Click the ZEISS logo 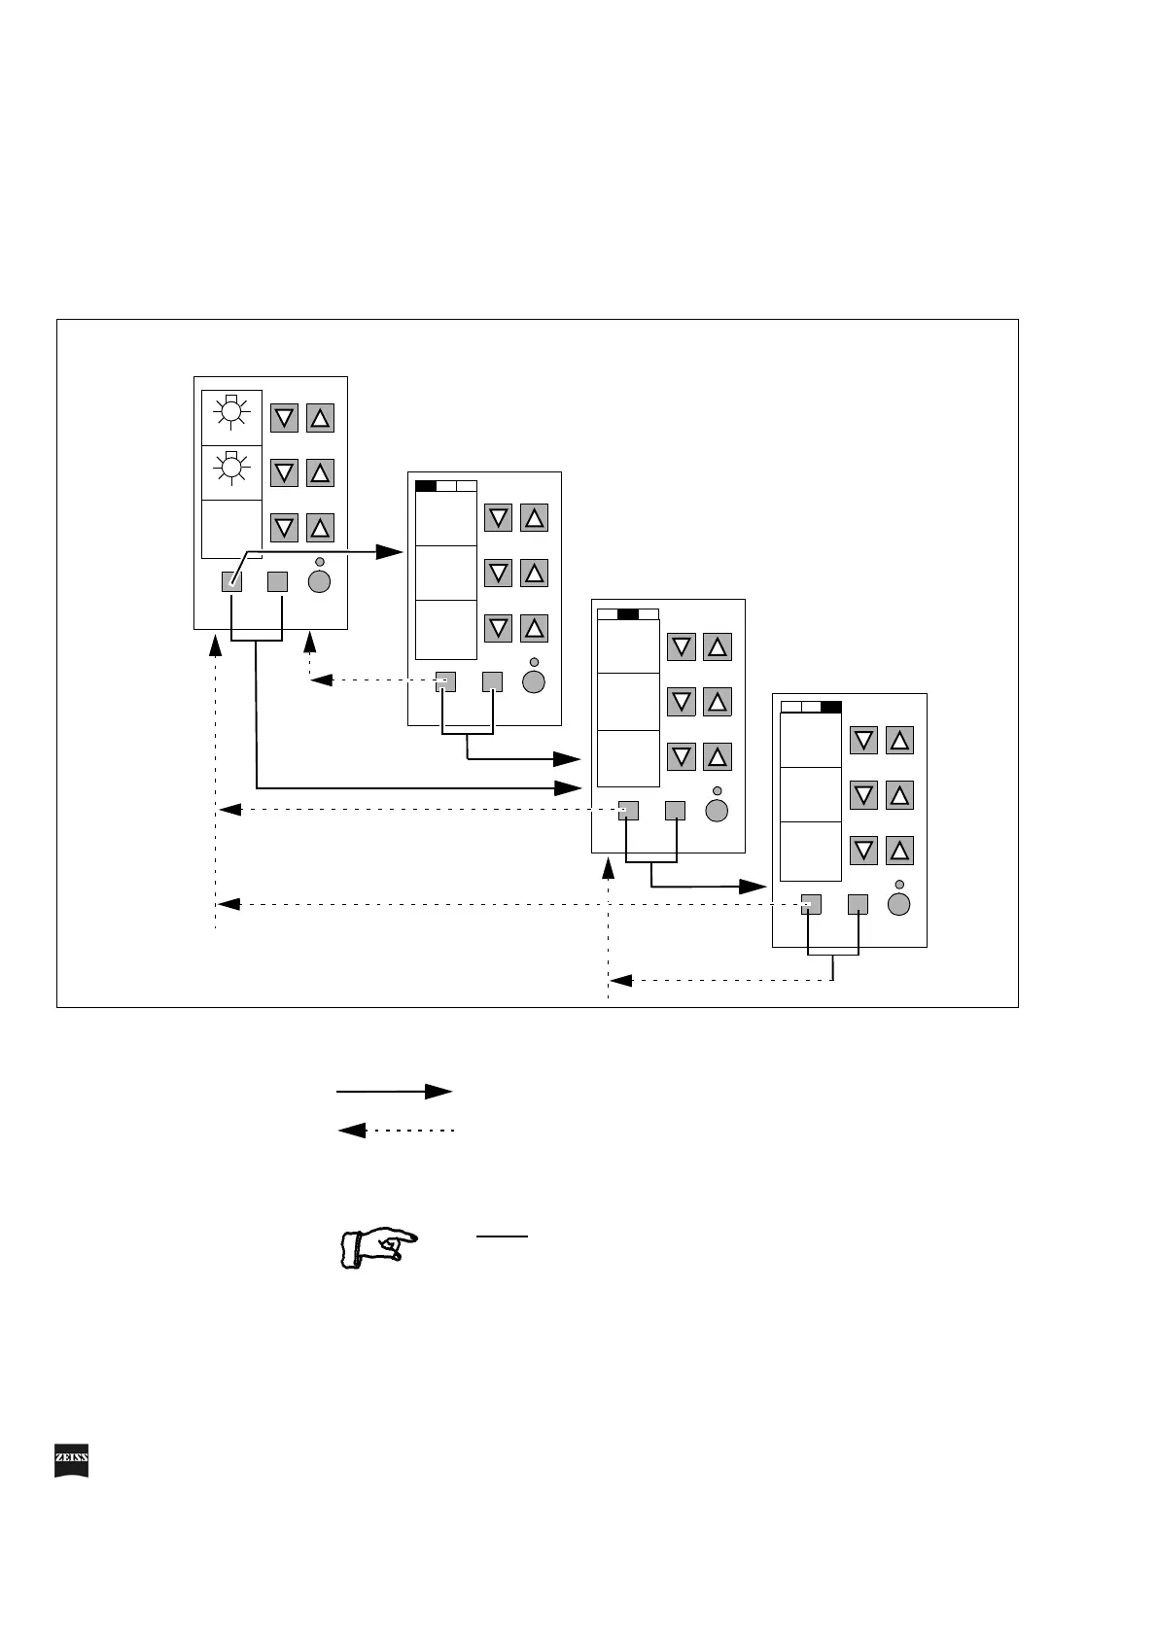71,1461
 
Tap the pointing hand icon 378,1246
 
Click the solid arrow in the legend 394,1092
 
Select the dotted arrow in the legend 396,1131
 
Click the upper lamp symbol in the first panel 231,414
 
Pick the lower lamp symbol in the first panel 231,469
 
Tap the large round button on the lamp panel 319,582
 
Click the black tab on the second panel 426,486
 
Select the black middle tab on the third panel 628,613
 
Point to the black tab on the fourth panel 830,707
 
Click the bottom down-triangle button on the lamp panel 284,528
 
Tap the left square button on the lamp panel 231,582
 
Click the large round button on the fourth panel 899,905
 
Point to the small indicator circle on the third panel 718,790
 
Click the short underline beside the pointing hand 502,1236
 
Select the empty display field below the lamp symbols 231,529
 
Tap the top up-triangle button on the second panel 534,517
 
